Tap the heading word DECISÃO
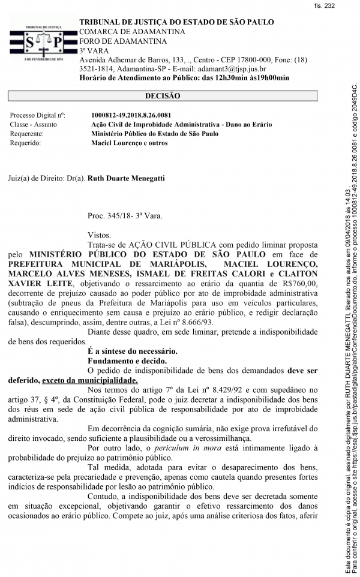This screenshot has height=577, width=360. click(x=162, y=96)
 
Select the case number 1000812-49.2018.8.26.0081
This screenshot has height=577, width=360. click(x=131, y=115)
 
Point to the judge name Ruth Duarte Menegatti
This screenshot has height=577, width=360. click(x=125, y=178)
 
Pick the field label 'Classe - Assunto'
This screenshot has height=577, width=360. click(x=34, y=124)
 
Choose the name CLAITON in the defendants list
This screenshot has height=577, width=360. click(x=296, y=273)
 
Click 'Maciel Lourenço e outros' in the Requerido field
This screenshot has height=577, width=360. click(x=129, y=143)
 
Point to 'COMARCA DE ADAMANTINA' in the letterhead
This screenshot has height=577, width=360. click(x=131, y=31)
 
